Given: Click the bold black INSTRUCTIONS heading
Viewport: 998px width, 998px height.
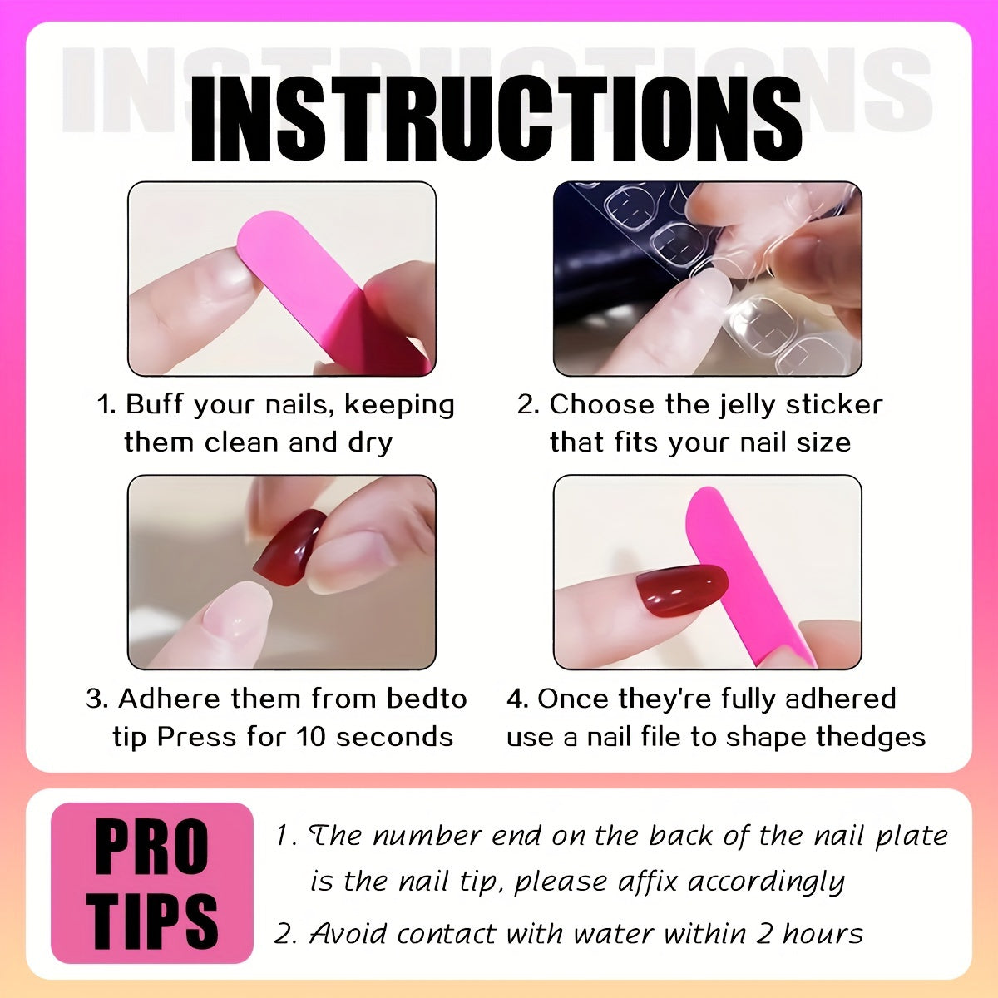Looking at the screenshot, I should [497, 121].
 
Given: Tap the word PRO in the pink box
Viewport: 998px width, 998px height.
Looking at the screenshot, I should [152, 848].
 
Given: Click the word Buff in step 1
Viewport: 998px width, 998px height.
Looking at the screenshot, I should [156, 405].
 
